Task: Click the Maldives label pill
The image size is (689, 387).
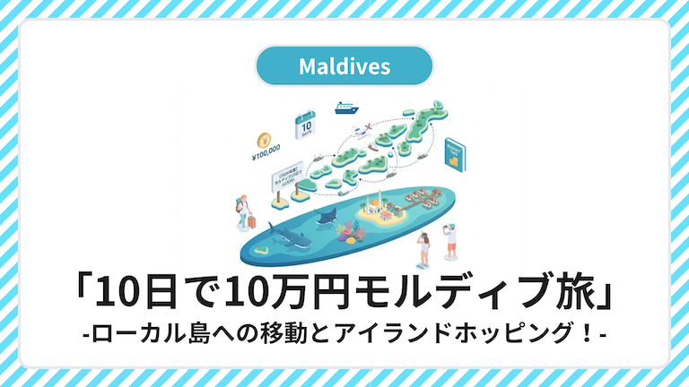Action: point(344,65)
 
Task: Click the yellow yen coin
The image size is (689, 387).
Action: point(264,140)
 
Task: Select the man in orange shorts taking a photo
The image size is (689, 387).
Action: point(450,239)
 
